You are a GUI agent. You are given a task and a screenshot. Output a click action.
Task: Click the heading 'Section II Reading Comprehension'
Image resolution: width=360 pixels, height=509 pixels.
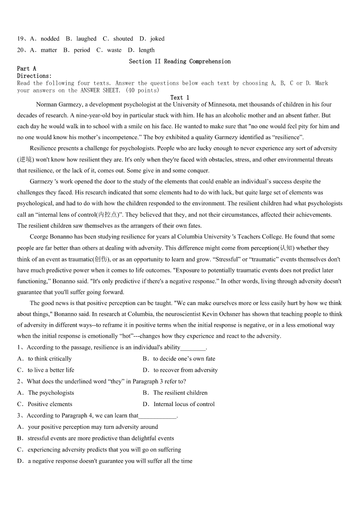[180, 61]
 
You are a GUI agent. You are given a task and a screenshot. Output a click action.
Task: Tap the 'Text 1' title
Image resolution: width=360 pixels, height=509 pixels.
[180, 97]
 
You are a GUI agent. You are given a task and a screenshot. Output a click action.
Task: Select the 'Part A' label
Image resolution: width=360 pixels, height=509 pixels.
[26, 68]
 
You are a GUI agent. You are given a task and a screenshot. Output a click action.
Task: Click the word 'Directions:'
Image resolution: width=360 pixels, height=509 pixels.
[34, 76]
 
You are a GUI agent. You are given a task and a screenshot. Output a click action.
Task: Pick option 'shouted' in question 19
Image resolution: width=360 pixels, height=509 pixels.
[123, 39]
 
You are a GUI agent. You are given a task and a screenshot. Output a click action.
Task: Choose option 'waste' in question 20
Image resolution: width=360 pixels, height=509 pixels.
[114, 50]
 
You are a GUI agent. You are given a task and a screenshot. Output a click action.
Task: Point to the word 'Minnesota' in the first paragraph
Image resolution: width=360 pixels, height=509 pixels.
[221, 104]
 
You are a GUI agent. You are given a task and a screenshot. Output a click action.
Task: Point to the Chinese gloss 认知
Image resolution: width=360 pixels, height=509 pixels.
[286, 248]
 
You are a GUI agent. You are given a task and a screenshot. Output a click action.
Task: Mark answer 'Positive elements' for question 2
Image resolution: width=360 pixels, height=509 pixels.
[50, 404]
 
